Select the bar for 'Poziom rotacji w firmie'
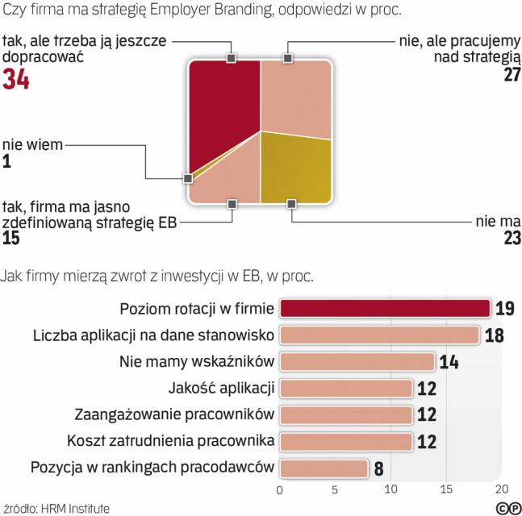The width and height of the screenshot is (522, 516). coord(385,309)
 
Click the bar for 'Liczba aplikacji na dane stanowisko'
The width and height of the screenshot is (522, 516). coord(379,335)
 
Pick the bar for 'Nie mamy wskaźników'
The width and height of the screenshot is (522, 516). coord(357,361)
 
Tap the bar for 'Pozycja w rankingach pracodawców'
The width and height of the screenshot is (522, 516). coord(324,468)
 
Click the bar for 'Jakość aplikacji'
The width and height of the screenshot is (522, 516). coord(346,388)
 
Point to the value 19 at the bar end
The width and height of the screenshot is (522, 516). coord(505,309)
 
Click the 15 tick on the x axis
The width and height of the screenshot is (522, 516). coord(446,489)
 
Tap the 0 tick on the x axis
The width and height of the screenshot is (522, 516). coord(280,489)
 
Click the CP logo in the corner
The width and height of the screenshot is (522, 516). coord(507,507)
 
